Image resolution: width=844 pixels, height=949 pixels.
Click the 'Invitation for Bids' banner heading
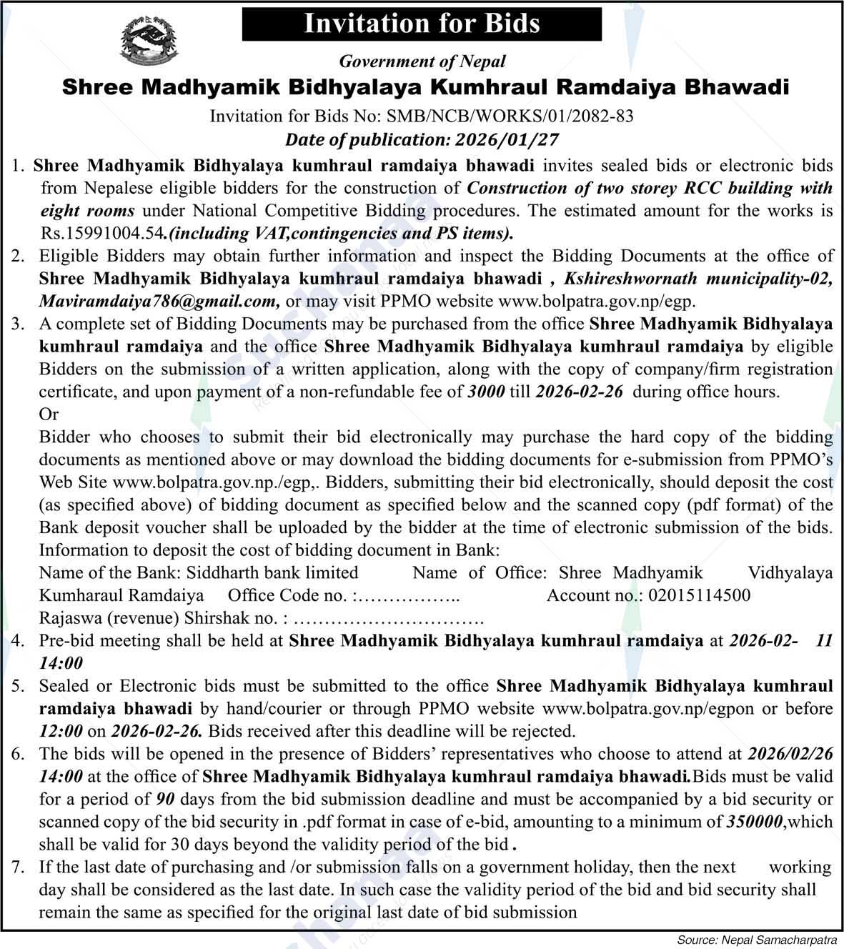(422, 24)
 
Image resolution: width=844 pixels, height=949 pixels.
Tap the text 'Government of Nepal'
(422, 61)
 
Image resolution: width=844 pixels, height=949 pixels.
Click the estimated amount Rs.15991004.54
(102, 233)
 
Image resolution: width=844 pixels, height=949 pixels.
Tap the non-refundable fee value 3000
(486, 392)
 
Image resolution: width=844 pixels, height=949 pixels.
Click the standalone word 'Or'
(49, 414)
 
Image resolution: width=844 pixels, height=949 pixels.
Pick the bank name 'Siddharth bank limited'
(272, 572)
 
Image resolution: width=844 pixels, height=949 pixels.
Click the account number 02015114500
(698, 595)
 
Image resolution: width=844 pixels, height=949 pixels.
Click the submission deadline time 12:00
(61, 731)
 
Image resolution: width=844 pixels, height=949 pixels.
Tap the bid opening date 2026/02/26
(790, 754)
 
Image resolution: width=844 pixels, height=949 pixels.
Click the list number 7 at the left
(19, 867)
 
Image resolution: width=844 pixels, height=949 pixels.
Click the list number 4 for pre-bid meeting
(19, 641)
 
